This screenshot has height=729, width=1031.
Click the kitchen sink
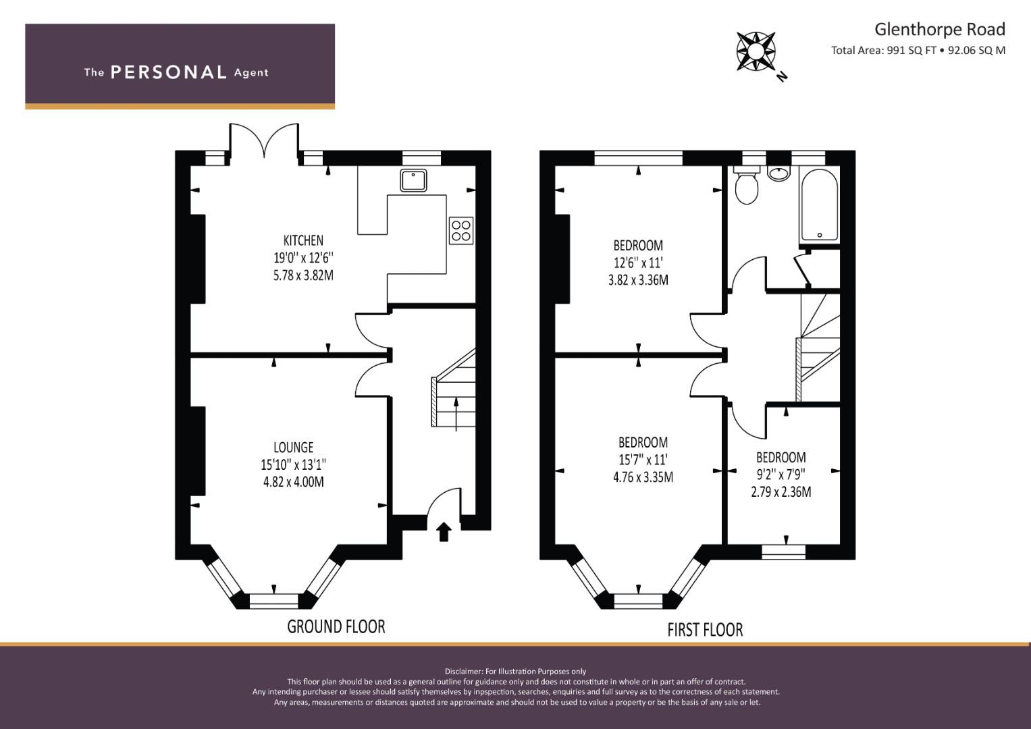pos(413,180)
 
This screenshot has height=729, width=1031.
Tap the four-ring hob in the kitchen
pos(460,231)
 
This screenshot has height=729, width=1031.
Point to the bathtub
pos(819,205)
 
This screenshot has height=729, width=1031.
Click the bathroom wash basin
pos(778,173)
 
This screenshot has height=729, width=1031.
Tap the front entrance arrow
pos(443,532)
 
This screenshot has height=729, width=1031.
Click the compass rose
pos(756,51)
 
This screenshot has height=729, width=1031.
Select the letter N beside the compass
pos(782,77)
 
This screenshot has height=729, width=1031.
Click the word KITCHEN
pos(303,240)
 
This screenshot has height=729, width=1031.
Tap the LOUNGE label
pos(293,448)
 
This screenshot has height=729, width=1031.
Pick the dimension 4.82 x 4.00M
pos(293,482)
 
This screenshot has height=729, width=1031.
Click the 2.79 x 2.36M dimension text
pos(781,492)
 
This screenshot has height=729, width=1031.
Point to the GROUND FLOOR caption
pos(336,626)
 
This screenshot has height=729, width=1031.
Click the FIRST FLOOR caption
pos(705,630)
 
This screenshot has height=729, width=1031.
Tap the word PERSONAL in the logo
pos(169,72)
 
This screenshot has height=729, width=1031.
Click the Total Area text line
pos(918,51)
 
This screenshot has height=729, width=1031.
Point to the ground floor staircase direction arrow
pos(456,414)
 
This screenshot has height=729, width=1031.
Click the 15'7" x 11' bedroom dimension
pos(643,459)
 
